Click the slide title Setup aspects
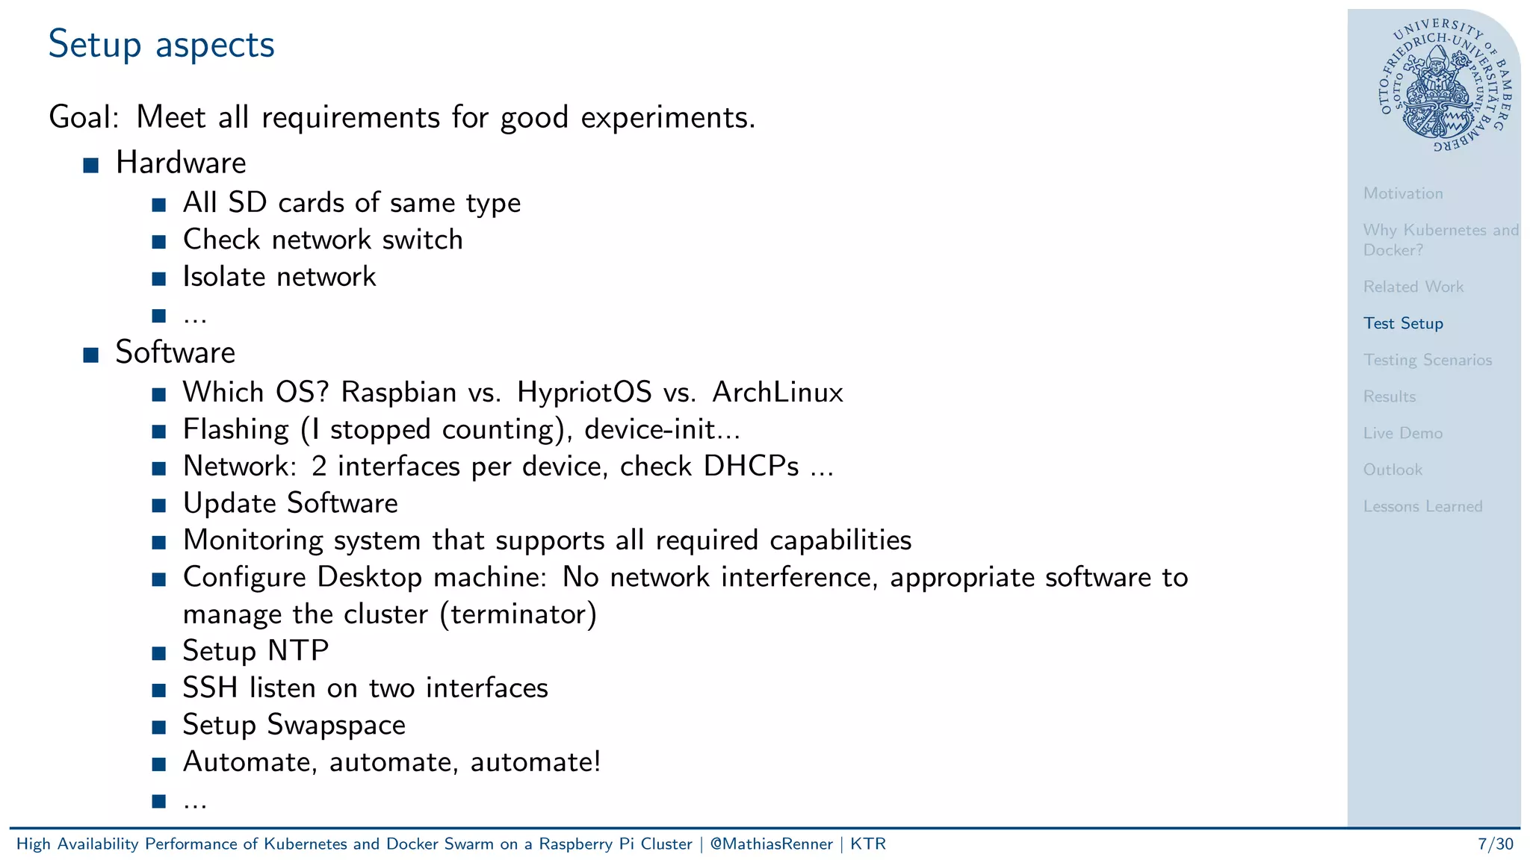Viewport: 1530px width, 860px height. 161,45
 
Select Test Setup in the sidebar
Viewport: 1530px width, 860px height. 1402,323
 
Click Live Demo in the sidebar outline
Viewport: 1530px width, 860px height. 1402,433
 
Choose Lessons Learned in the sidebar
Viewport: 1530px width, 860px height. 1422,506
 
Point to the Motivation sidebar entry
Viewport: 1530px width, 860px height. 1402,193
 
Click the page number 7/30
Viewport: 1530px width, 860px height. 1495,844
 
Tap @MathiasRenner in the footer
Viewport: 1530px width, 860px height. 771,844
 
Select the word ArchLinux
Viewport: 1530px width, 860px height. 777,392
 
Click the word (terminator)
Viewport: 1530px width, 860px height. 518,614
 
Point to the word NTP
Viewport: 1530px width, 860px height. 298,651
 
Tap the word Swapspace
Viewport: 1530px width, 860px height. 336,725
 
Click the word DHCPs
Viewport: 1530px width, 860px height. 751,467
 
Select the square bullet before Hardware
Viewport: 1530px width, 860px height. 91,165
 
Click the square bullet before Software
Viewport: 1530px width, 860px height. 91,355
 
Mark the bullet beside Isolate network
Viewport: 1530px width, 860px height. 158,279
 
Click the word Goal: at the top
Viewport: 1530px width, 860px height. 84,118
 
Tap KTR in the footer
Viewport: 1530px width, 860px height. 867,844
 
